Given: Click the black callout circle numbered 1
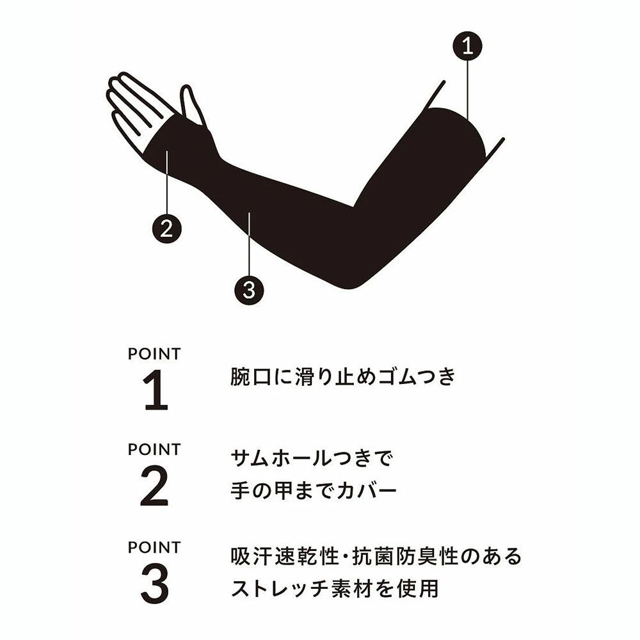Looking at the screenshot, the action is pyautogui.click(x=467, y=46).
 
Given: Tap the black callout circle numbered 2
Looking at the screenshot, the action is pyautogui.click(x=166, y=228).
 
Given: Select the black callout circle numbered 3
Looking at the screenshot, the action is pyautogui.click(x=249, y=290).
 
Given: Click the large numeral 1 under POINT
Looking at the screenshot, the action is pyautogui.click(x=155, y=390).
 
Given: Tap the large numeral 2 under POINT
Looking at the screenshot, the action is pyautogui.click(x=154, y=486).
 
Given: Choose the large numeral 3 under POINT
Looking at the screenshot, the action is pyautogui.click(x=154, y=584).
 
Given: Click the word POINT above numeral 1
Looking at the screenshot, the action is pyautogui.click(x=154, y=355).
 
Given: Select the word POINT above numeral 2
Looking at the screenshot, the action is pyautogui.click(x=154, y=450).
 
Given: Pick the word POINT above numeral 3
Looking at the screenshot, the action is pyautogui.click(x=154, y=547).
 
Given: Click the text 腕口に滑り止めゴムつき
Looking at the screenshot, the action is pyautogui.click(x=343, y=376).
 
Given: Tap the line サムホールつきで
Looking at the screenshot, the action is pyautogui.click(x=312, y=458).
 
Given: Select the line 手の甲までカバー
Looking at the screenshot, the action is pyautogui.click(x=314, y=490).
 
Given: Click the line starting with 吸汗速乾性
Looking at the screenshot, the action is pyautogui.click(x=376, y=556).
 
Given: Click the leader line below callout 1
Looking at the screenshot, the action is pyautogui.click(x=468, y=90).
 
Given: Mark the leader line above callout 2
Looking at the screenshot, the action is pyautogui.click(x=167, y=182).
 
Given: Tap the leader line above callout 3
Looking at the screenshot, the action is pyautogui.click(x=249, y=244).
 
